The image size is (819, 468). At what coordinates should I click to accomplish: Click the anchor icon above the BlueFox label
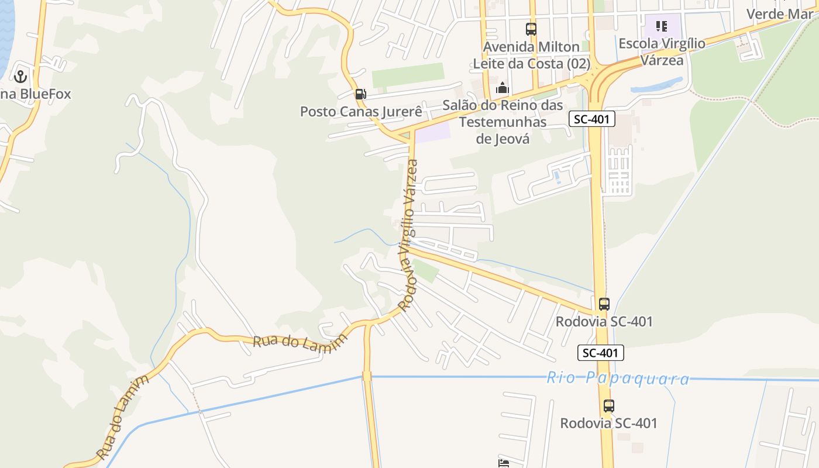click(20, 76)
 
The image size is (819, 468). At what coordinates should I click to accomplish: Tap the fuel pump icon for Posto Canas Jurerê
click(360, 94)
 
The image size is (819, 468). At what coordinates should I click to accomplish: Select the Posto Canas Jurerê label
click(361, 111)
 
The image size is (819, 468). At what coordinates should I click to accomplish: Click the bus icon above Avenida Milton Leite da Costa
click(531, 29)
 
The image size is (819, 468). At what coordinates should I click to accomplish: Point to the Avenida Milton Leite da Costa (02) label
click(531, 55)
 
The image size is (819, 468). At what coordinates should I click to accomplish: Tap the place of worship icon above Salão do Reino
click(502, 88)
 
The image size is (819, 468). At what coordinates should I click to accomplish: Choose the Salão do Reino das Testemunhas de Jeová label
click(503, 122)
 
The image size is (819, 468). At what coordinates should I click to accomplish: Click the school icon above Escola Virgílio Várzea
click(662, 26)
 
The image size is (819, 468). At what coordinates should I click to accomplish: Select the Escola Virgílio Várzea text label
click(662, 51)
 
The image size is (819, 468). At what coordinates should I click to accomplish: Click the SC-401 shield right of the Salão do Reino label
click(592, 119)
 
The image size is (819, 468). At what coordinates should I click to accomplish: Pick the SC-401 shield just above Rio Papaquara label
click(601, 353)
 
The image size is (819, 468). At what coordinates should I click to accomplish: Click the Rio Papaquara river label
click(618, 378)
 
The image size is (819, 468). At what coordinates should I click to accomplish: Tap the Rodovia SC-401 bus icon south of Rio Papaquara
click(608, 405)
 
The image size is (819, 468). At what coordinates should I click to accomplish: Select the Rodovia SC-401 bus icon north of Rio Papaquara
click(604, 304)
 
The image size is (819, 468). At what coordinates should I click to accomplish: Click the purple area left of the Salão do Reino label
click(433, 132)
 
